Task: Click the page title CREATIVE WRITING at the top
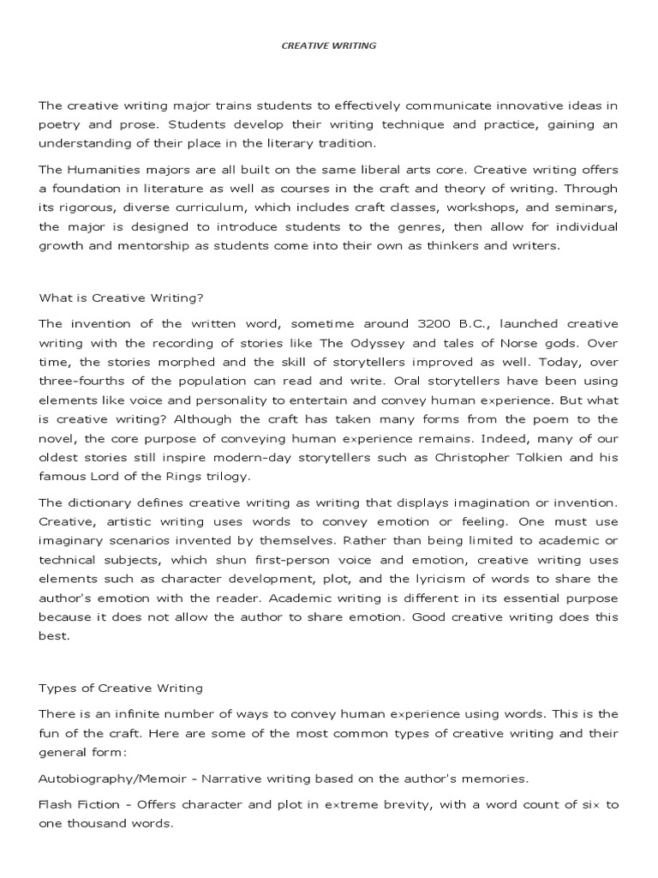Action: [329, 45]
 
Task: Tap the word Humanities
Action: [99, 170]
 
